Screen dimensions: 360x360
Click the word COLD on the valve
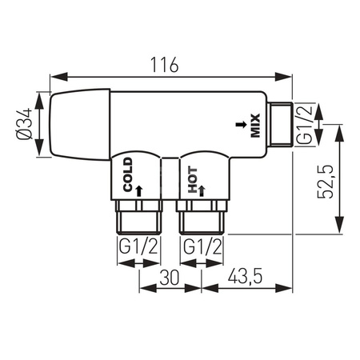[126, 174]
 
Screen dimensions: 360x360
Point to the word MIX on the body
[255, 124]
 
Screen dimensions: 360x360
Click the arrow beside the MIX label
[238, 125]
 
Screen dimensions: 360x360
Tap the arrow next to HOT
[203, 190]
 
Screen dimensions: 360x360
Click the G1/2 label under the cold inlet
[137, 247]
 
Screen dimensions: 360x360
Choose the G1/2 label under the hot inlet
[200, 247]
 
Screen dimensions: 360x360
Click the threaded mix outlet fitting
[281, 124]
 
